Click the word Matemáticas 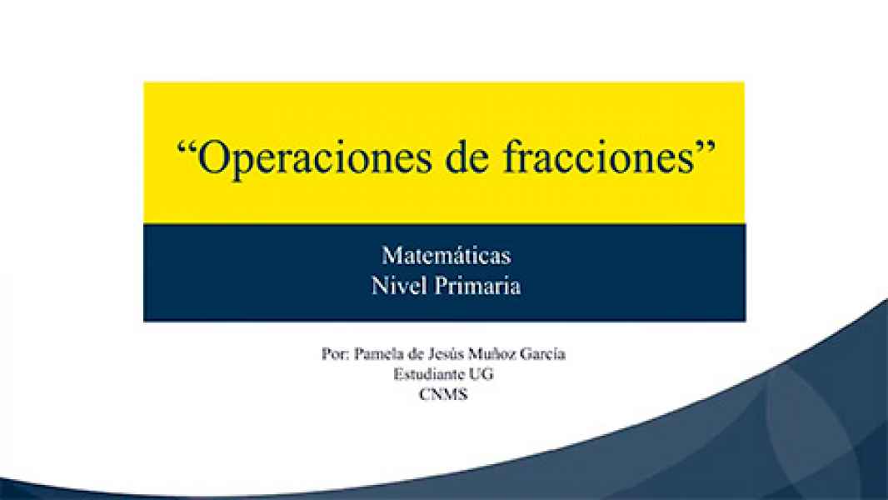coord(446,254)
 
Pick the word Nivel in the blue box coord(400,286)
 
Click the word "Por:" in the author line coord(334,353)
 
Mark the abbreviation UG coord(482,374)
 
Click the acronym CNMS coord(444,395)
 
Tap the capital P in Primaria coord(442,286)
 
